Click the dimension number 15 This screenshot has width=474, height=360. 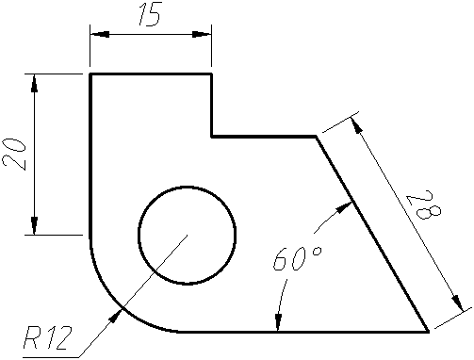pyautogui.click(x=150, y=14)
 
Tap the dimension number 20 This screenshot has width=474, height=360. pyautogui.click(x=14, y=155)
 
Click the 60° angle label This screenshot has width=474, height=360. pyautogui.click(x=297, y=258)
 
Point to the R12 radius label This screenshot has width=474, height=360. pyautogui.click(x=48, y=337)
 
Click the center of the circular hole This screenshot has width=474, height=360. pyautogui.click(x=187, y=235)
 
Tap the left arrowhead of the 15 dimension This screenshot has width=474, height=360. pyautogui.click(x=100, y=34)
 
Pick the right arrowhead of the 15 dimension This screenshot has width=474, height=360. pyautogui.click(x=202, y=34)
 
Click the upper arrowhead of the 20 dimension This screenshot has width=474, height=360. pyautogui.click(x=34, y=83)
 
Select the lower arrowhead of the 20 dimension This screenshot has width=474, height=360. pyautogui.click(x=34, y=225)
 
